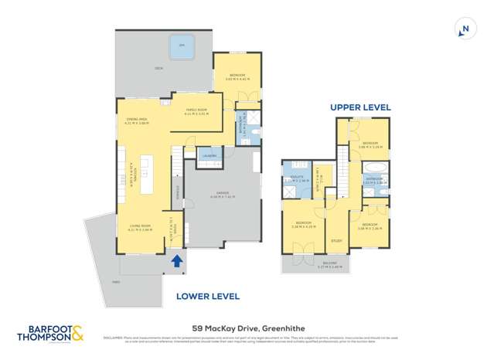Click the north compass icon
tap(464, 29)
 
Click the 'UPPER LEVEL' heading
tap(360, 107)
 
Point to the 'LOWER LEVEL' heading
tap(208, 296)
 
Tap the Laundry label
tap(209, 156)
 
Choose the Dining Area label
tap(137, 120)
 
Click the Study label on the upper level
tap(336, 240)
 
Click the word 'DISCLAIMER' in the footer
tap(114, 338)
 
